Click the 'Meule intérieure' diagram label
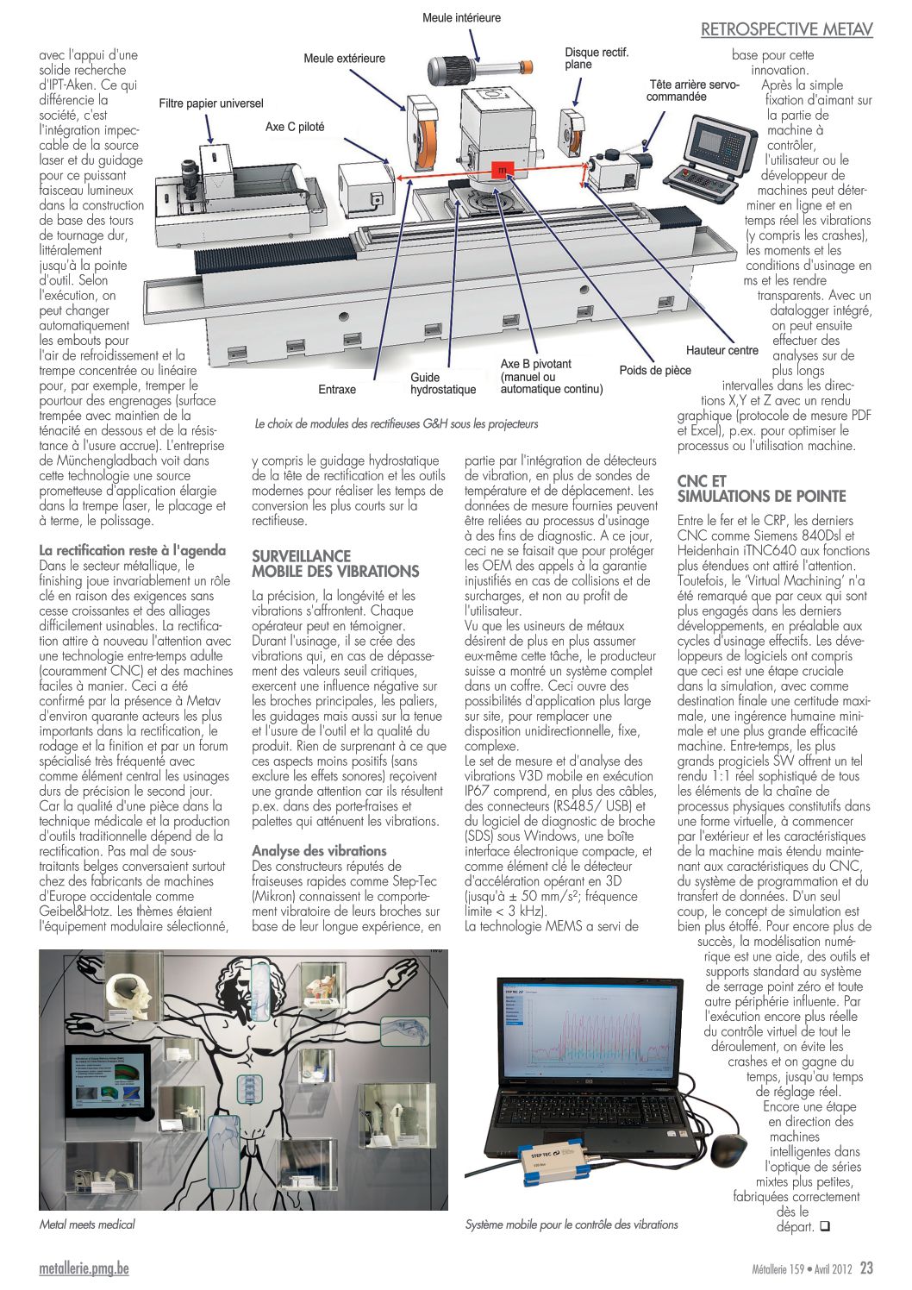(x=461, y=17)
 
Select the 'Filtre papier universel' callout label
(x=211, y=103)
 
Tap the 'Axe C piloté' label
(x=295, y=127)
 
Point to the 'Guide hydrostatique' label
(x=443, y=383)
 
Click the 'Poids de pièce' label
(x=654, y=370)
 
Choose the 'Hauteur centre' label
(x=721, y=350)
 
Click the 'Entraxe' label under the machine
(x=337, y=389)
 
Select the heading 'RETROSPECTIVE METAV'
(x=786, y=29)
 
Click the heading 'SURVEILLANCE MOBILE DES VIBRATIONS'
(x=335, y=563)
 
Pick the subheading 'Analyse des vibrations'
(x=319, y=850)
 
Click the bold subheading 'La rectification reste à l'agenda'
(x=133, y=550)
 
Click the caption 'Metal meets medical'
(x=87, y=1224)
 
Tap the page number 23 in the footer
(x=866, y=1268)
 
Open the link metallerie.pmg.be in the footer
(x=84, y=1268)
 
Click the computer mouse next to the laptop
(x=730, y=1149)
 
